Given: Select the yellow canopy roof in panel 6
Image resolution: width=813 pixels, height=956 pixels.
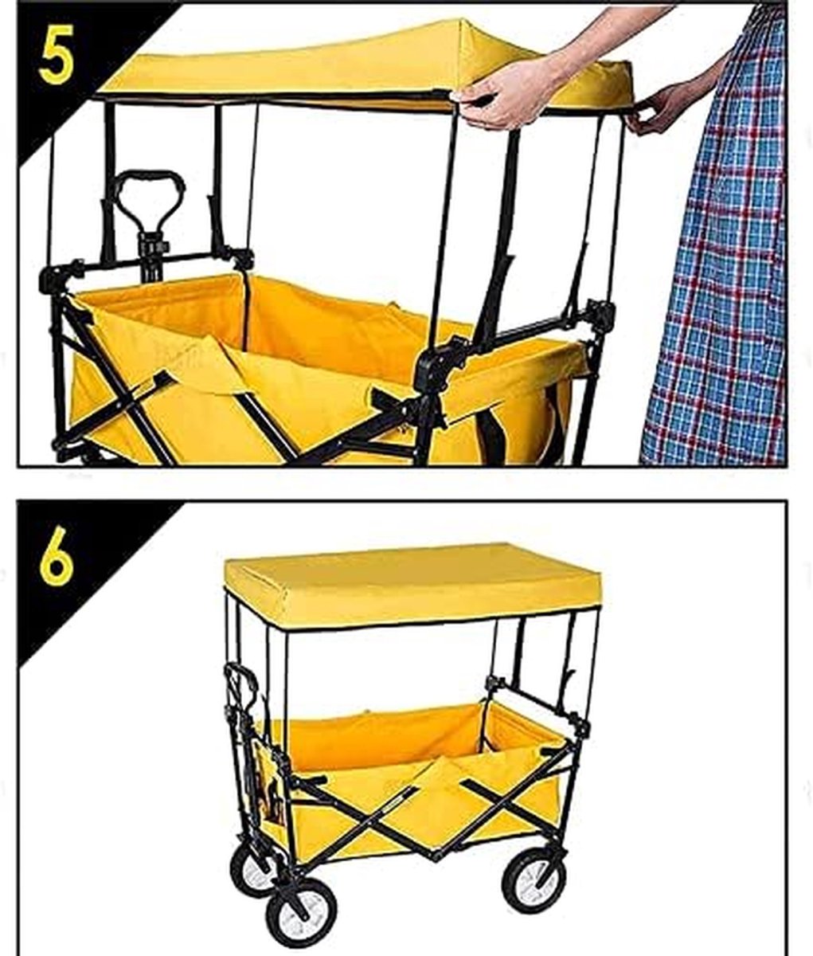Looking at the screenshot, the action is click(x=413, y=585).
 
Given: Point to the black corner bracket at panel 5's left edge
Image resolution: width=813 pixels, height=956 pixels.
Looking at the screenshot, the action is click(x=56, y=276).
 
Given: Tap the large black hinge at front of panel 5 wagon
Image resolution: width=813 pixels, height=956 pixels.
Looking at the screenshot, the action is click(x=437, y=366).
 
